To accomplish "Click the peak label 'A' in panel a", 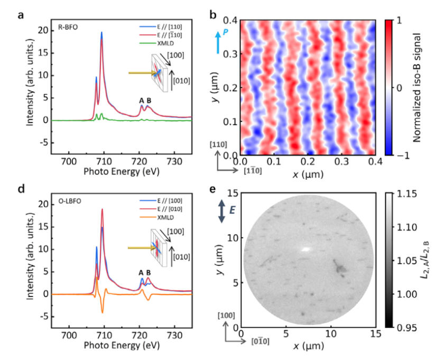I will [x=141, y=100].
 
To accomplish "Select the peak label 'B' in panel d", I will [x=148, y=273].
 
